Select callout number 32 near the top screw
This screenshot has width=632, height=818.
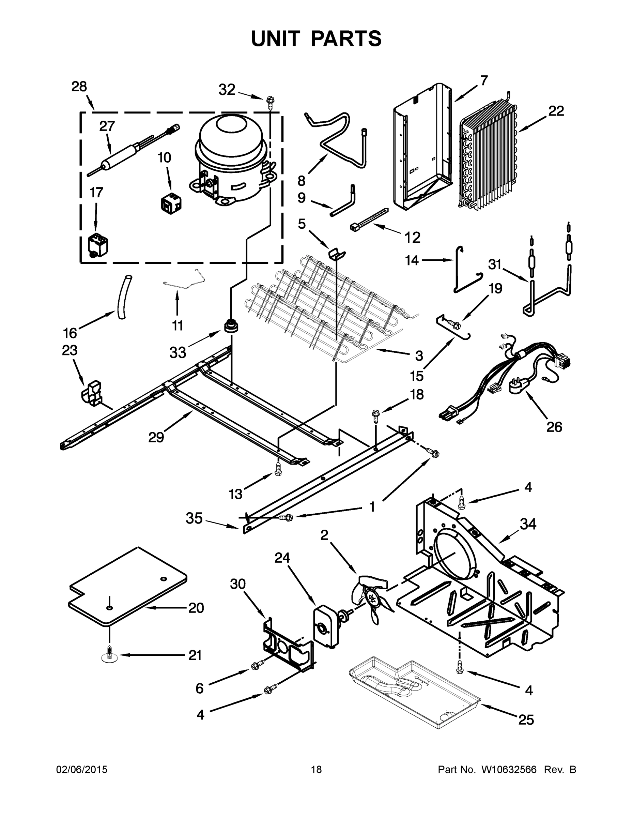[227, 90]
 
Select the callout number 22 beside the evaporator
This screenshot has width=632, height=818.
[556, 111]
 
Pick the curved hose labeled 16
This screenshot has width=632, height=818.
[123, 297]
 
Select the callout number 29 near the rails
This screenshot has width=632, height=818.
[156, 437]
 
